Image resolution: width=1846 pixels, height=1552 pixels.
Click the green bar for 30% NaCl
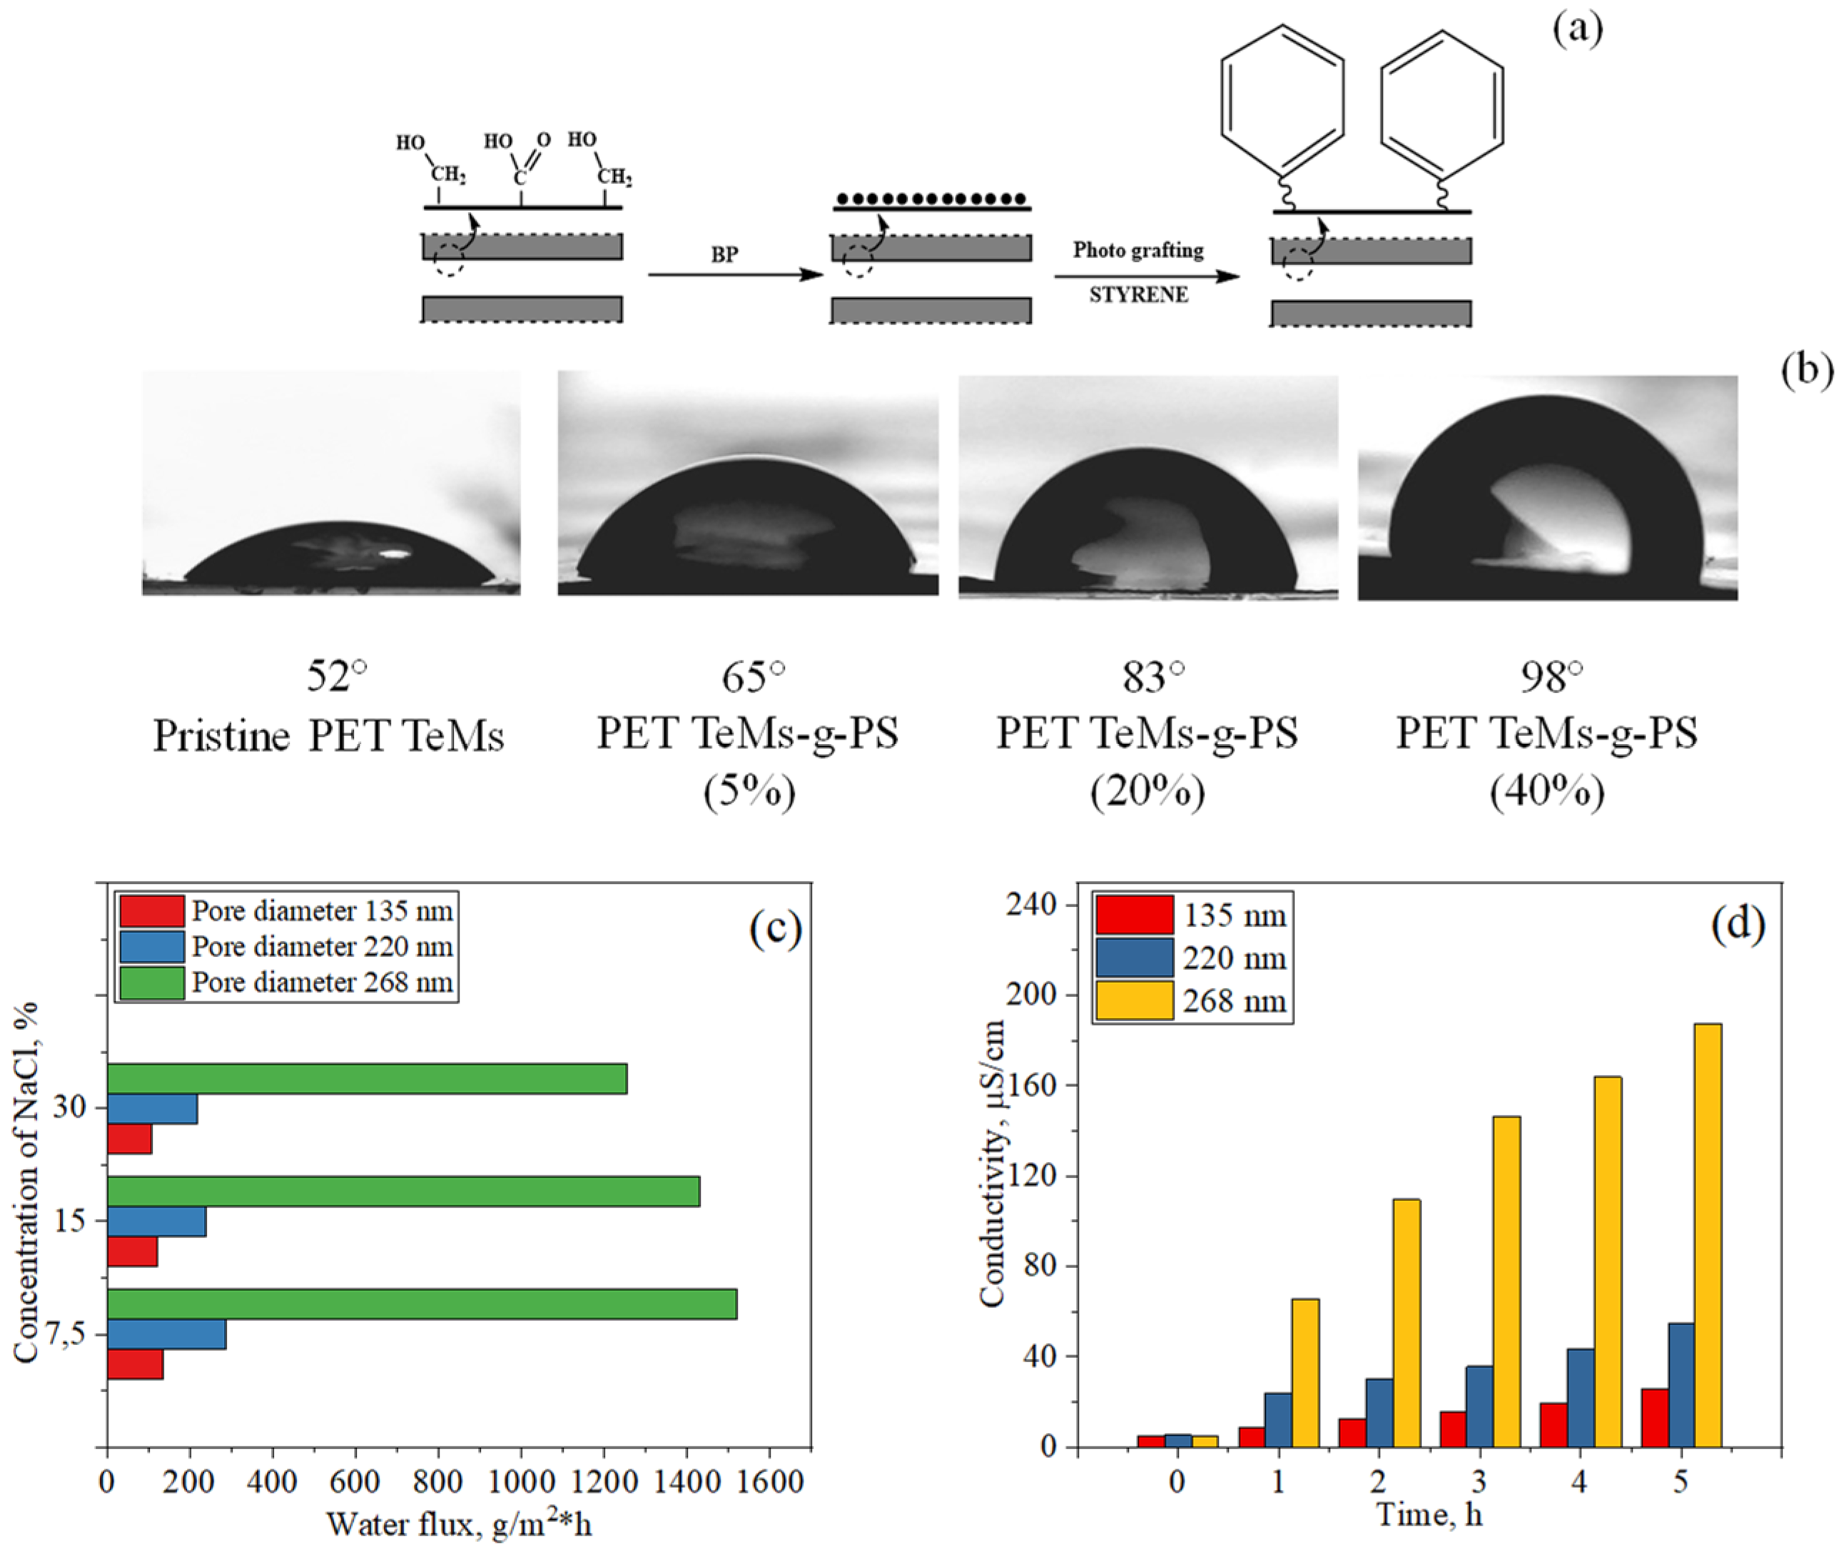(366, 1078)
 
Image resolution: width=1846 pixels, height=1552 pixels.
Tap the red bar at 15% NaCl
(132, 1251)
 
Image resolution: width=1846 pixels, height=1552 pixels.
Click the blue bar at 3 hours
(1479, 1406)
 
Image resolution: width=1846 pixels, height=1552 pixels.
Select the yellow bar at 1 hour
(1304, 1372)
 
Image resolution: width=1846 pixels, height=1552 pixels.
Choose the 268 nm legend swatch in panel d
(1134, 1001)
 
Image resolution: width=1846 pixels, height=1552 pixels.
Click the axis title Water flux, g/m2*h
(459, 1525)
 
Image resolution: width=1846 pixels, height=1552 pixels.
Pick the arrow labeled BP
(735, 275)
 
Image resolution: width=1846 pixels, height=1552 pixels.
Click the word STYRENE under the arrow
(1138, 295)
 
